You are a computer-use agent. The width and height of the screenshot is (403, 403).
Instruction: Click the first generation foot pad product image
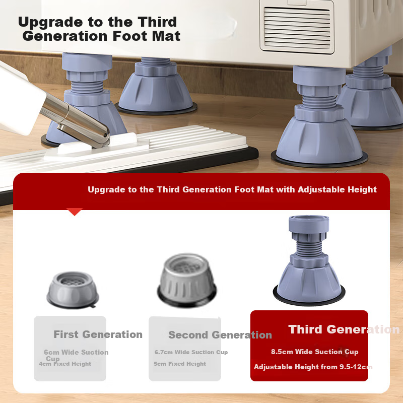point(73,290)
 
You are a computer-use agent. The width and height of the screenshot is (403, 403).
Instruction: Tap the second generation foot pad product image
point(187,280)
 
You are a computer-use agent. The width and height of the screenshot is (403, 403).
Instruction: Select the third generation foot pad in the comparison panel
point(309,260)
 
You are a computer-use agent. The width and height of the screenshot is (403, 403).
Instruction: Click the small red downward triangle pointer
point(75,212)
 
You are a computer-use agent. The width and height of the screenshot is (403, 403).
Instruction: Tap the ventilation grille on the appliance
point(297,28)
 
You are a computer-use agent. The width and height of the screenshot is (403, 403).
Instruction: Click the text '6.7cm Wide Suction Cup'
point(191,352)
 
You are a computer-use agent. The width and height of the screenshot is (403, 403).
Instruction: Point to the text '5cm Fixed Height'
point(180,364)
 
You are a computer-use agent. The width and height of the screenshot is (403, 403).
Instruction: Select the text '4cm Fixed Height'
point(65,364)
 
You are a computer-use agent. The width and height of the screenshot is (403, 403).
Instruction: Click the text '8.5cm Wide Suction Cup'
point(314,352)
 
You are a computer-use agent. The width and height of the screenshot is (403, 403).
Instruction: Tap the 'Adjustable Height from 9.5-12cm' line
point(313,367)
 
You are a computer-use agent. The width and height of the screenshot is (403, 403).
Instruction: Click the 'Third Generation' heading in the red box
point(344,329)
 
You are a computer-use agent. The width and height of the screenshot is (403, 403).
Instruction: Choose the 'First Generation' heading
point(98,334)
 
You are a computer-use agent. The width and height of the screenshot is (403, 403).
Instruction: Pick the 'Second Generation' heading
point(220,335)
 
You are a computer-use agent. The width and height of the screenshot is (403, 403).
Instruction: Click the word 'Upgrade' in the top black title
point(50,22)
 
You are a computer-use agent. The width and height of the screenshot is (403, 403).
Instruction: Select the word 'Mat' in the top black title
point(166,36)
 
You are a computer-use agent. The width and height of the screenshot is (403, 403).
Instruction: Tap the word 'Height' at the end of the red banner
point(362,190)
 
